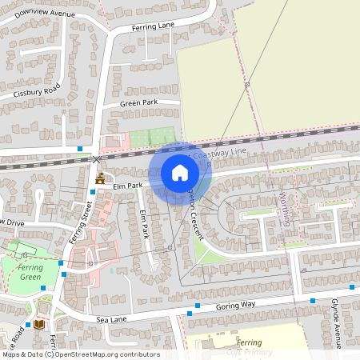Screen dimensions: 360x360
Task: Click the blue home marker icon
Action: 180,172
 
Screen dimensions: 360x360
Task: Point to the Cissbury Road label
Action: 37,90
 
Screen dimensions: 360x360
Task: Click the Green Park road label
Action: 139,104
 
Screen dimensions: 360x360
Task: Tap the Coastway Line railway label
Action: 219,152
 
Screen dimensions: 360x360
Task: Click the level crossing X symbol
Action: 98,159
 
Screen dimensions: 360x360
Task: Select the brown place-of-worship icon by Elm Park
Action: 100,178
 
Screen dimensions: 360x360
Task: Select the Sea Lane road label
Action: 112,318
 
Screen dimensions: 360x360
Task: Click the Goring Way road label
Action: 234,305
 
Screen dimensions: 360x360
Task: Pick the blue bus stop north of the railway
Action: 80,148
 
